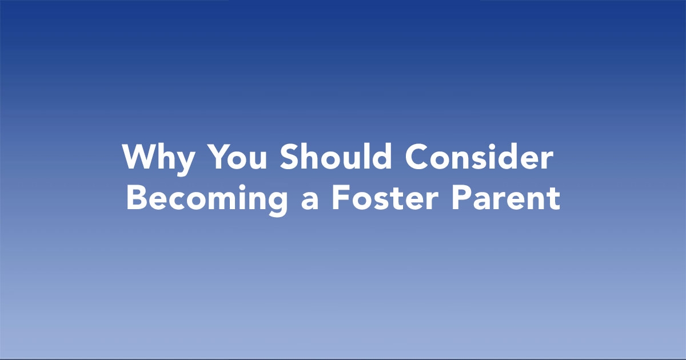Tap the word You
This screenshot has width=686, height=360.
pos(237,157)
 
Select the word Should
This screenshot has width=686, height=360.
pos(336,156)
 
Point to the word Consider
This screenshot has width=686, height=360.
pos(479,156)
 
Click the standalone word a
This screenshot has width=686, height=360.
pos(310,201)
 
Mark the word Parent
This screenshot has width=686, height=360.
pos(506,198)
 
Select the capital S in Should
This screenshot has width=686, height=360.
pos(290,157)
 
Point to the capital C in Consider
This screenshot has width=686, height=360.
pos(417,157)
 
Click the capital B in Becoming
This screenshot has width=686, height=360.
pos(136,198)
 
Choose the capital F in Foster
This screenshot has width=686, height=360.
pos(341,198)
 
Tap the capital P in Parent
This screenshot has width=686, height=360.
pos(461,198)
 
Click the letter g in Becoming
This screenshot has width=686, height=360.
pos(277,204)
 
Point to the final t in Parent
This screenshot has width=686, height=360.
pos(554,199)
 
